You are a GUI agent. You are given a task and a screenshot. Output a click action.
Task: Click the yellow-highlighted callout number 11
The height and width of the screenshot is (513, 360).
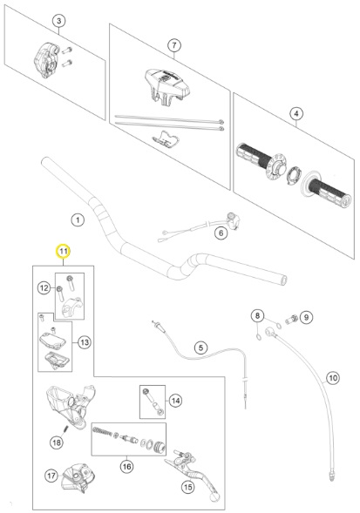coord(64,251)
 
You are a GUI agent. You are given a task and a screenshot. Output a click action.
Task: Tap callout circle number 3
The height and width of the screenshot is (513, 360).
coord(59,21)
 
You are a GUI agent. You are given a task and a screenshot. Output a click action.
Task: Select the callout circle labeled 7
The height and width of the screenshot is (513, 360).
coord(174,45)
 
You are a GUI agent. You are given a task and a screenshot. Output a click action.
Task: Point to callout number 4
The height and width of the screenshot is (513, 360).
coord(296,114)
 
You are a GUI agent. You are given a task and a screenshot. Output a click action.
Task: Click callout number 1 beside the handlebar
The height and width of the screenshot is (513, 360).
coord(78,219)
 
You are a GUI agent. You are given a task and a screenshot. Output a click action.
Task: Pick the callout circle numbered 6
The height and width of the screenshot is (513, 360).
coord(221,233)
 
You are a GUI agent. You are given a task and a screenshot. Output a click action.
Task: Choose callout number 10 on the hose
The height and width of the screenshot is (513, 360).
coord(333,378)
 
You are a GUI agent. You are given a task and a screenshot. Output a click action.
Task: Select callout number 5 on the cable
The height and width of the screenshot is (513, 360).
coord(200,348)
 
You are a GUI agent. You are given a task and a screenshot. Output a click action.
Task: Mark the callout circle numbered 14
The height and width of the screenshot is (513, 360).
coord(175,401)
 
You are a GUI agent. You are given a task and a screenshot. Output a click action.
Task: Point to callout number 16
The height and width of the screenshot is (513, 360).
coord(126,466)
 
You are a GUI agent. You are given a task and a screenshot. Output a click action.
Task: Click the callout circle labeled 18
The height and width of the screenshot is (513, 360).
coord(57,442)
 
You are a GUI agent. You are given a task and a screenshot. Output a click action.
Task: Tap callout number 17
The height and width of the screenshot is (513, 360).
coord(51,476)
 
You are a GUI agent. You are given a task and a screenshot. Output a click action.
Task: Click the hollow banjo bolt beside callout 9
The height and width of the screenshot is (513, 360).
coord(291,318)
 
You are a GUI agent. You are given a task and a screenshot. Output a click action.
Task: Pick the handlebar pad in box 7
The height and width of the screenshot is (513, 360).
coord(167,84)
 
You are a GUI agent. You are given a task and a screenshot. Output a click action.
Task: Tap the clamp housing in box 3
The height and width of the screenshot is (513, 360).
coord(47,60)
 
